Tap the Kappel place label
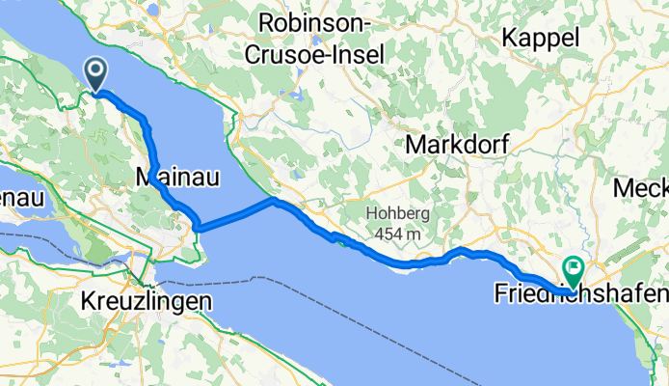point(542,38)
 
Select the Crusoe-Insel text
point(314,55)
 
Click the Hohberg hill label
point(397,214)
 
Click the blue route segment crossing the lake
point(235,215)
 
